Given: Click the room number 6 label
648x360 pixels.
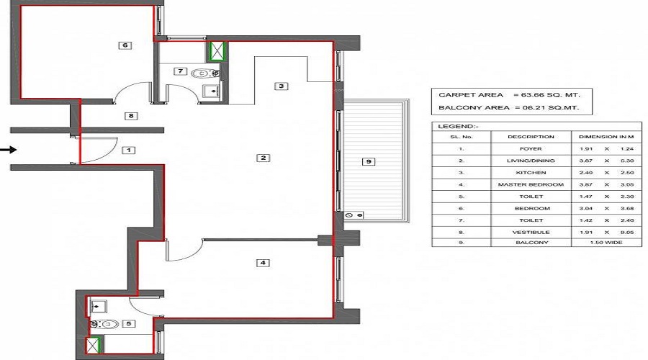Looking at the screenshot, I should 125,45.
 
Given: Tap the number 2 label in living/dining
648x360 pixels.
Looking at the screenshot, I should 264,158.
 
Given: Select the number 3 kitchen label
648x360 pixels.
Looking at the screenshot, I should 282,86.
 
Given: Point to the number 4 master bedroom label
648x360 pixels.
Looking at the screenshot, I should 263,263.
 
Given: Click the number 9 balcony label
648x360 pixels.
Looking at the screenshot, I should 368,162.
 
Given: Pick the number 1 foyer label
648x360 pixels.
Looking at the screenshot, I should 128,150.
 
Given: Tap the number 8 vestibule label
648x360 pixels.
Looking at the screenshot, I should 130,115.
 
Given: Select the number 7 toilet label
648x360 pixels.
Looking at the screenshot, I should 181,71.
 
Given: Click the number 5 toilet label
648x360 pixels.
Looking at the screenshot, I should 128,324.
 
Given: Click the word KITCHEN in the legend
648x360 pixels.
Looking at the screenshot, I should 531,173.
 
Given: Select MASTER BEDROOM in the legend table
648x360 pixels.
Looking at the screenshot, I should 531,184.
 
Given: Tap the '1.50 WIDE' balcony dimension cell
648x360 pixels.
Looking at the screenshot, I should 606,243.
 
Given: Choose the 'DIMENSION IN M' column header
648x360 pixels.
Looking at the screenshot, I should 606,136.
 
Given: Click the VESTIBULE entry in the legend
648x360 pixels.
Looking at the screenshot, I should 531,232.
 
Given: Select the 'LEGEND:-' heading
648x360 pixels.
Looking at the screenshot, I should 454,126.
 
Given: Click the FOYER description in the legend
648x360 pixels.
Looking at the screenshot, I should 531,149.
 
